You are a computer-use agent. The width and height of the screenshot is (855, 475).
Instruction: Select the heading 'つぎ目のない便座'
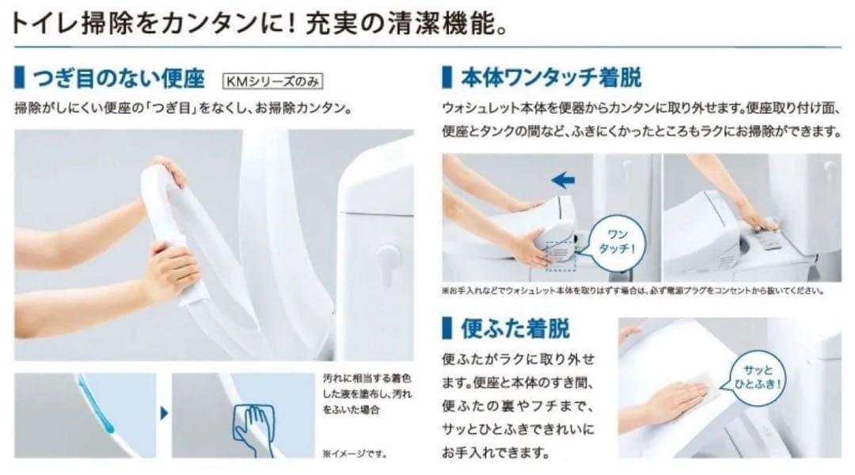tap(119, 79)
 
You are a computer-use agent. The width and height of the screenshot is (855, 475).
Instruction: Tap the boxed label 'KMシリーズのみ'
tap(272, 82)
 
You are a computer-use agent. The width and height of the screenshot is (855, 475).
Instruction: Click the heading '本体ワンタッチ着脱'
tap(551, 78)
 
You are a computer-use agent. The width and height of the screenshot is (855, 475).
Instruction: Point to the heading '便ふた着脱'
tap(515, 329)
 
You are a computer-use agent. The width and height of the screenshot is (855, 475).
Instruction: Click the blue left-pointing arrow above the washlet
tap(563, 180)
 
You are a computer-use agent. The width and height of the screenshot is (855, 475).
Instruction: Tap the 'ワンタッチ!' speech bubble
tap(617, 241)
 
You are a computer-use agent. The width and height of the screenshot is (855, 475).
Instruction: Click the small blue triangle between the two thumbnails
tap(164, 413)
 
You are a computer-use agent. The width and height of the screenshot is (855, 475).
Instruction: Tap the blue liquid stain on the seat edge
tap(97, 404)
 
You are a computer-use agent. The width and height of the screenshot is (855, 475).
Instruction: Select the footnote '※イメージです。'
tap(355, 453)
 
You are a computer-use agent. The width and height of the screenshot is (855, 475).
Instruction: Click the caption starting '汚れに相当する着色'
tap(367, 393)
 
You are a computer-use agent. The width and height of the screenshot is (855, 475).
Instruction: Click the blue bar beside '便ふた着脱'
tap(447, 329)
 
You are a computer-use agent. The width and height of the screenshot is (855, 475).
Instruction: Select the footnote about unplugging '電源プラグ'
tap(633, 291)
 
